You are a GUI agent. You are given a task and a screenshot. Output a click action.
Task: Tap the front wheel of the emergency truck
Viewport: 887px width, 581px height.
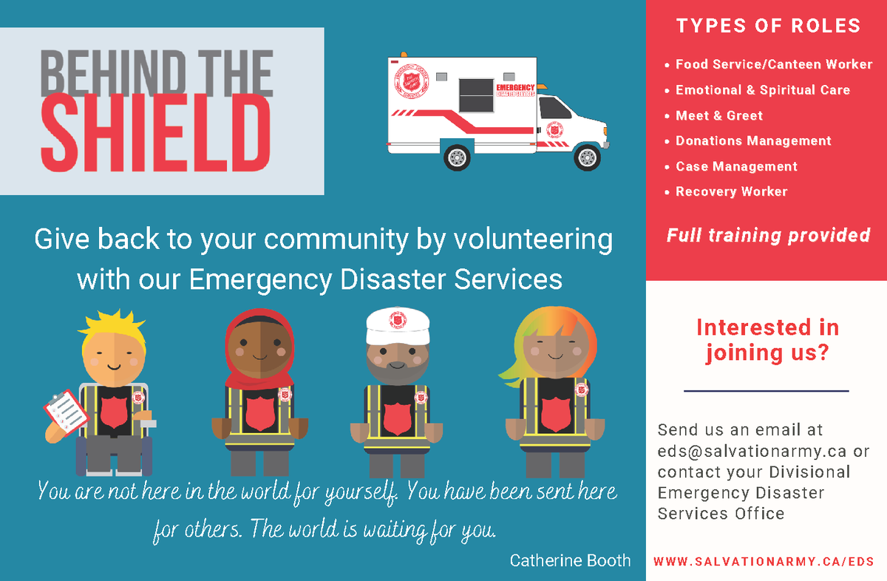click(587, 157)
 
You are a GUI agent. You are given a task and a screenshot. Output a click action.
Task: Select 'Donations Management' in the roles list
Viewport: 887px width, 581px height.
click(753, 140)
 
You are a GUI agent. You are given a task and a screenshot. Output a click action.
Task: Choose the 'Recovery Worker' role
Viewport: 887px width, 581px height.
click(731, 191)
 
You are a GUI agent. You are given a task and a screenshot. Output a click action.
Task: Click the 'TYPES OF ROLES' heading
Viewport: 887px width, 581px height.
click(768, 26)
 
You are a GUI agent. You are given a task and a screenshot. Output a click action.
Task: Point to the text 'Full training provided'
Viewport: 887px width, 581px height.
click(768, 236)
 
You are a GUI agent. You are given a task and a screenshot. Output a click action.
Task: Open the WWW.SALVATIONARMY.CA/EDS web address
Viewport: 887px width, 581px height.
click(764, 562)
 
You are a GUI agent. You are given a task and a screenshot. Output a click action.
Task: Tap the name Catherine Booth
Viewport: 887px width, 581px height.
click(570, 560)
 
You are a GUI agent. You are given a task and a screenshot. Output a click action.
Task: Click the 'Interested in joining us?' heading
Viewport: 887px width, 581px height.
click(767, 340)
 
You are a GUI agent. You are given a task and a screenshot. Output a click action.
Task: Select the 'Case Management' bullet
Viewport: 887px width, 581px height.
click(736, 166)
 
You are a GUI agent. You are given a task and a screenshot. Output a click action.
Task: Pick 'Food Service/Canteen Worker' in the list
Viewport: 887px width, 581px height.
click(774, 64)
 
